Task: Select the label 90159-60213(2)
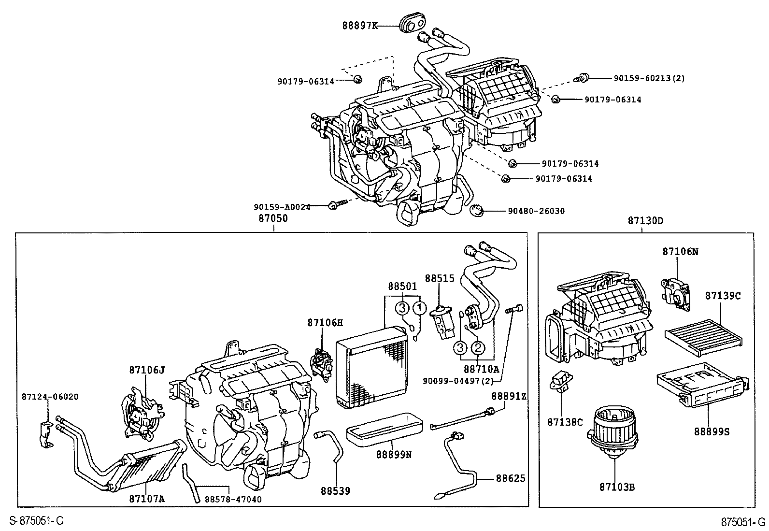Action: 649,78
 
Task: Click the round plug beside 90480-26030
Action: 477,211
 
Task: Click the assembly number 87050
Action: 273,218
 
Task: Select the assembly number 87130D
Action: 645,221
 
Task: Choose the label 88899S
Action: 712,431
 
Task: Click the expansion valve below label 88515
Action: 443,323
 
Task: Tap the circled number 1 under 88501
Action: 420,307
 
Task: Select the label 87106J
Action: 146,370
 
